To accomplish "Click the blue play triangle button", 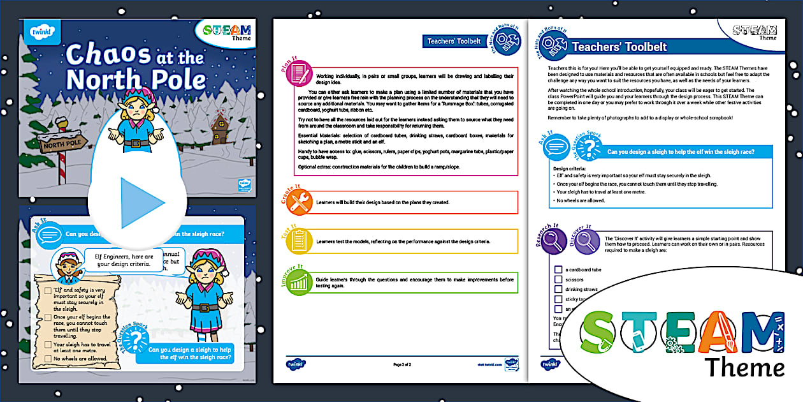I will [x=142, y=203].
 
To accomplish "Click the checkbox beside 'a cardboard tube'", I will [x=558, y=270].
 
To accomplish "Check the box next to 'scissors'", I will [x=558, y=279].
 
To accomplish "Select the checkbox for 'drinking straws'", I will [x=558, y=289].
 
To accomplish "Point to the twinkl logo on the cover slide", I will [x=41, y=31].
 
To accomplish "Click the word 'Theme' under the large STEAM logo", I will [x=744, y=368].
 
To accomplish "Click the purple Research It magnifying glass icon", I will [x=554, y=242].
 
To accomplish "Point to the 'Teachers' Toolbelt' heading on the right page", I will [x=619, y=47].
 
